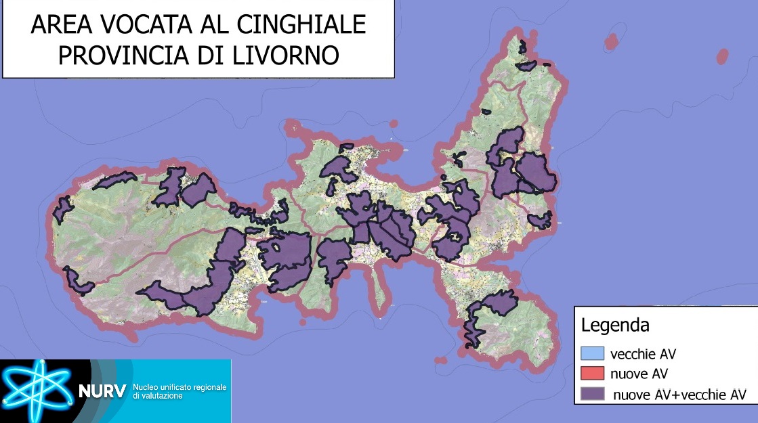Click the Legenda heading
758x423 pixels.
pos(615,325)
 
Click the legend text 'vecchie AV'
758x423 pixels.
pos(643,353)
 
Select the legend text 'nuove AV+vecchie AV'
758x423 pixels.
pos(679,395)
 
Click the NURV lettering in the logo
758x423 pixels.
pos(102,391)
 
